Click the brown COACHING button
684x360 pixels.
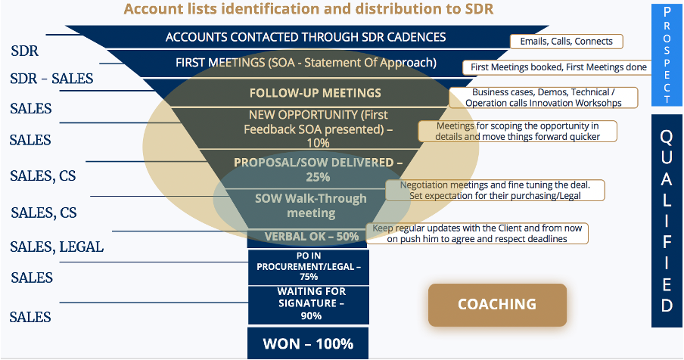pos(497,305)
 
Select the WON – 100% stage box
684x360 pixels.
pos(308,343)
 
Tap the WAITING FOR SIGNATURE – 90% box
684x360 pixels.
pos(309,305)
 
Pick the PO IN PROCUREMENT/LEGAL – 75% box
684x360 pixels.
pos(309,267)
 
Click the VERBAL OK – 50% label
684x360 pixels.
pos(312,237)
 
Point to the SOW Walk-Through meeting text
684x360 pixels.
pos(311,206)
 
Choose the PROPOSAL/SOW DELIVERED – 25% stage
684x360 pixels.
pos(318,169)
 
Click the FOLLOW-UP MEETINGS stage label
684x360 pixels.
pos(316,93)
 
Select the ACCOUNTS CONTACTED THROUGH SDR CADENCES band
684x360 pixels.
pos(306,37)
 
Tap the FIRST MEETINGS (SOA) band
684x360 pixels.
pos(306,63)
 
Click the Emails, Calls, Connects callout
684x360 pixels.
pos(566,42)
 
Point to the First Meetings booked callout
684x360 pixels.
pos(559,67)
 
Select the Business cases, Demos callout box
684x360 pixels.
pos(543,98)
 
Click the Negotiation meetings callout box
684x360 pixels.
pos(495,191)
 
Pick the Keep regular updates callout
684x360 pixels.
pos(477,234)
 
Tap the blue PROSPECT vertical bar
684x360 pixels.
pos(667,55)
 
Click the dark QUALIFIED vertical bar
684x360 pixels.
pos(667,221)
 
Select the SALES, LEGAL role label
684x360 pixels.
pos(57,247)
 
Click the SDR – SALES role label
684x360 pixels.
pos(51,79)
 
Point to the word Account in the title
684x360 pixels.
pos(151,9)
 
